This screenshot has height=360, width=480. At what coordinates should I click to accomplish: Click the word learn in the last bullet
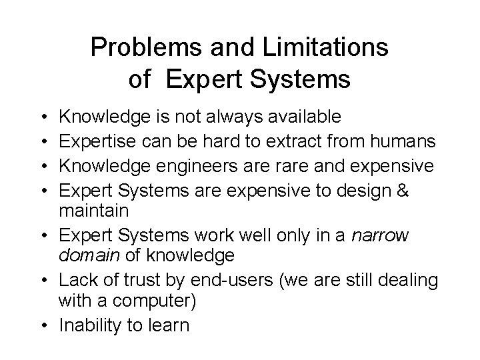click(x=170, y=325)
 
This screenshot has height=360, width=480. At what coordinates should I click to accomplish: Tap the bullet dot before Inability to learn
click(x=51, y=325)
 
